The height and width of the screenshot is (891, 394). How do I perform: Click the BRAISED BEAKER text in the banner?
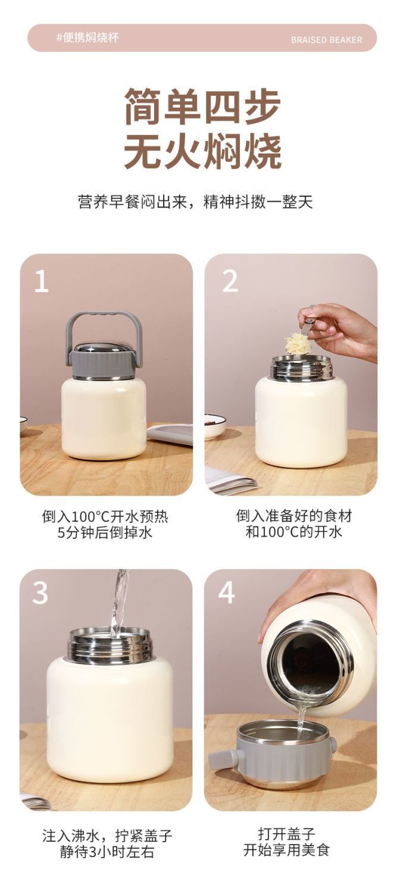326,40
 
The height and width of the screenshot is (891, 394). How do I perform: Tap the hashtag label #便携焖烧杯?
87,38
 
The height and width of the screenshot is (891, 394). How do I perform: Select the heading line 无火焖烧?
202,151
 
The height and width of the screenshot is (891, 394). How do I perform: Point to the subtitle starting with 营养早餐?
195,201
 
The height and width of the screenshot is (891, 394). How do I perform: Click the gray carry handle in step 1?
104,318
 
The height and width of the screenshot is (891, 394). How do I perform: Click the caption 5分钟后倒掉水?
105,532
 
